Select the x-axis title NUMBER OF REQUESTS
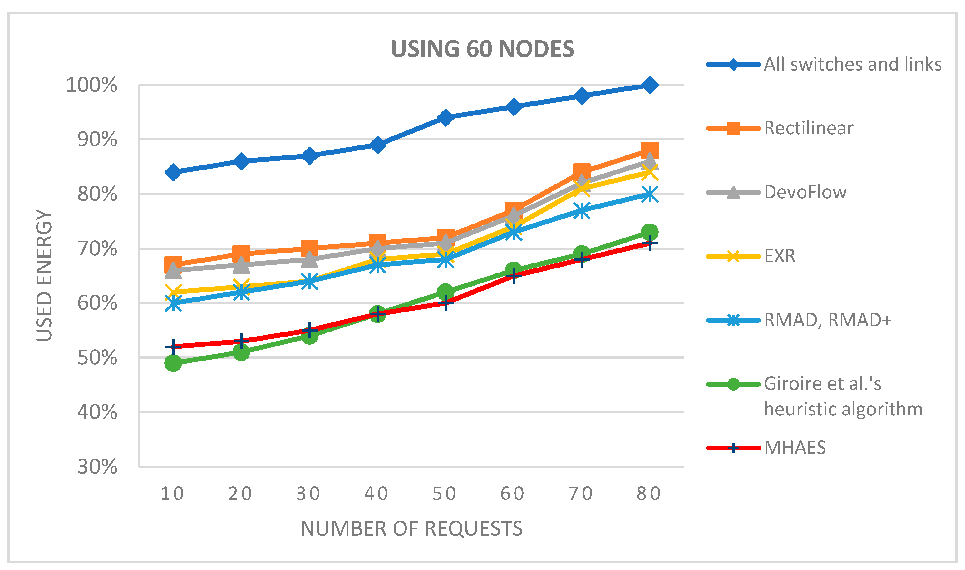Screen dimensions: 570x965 point(411,528)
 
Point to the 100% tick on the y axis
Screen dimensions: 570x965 point(91,85)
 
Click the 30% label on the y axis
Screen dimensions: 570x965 point(97,467)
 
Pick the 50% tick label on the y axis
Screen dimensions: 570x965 point(97,358)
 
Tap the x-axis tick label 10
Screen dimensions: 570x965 point(172,494)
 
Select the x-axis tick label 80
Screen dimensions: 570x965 point(649,494)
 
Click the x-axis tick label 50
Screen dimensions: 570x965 point(445,494)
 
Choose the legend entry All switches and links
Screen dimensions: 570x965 point(852,64)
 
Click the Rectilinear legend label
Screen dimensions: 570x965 point(808,128)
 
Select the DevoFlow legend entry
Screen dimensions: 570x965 point(805,192)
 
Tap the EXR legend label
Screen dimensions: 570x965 point(780,256)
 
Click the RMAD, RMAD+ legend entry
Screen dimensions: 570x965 point(827,320)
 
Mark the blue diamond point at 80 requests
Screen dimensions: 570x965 point(650,85)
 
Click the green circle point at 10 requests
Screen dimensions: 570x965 point(173,363)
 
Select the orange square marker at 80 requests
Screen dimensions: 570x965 point(650,150)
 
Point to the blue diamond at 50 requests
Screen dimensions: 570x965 point(446,118)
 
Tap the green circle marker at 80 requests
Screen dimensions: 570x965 point(650,232)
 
